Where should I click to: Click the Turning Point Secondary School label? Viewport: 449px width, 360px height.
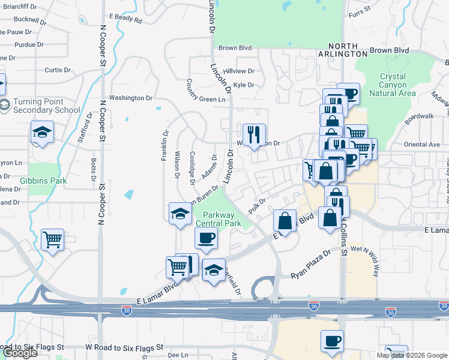tap(46, 106)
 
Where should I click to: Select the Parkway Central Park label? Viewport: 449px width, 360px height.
tap(221, 219)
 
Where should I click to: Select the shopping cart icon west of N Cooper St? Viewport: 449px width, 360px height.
tap(52, 239)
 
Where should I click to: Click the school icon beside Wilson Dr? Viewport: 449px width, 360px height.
tap(180, 214)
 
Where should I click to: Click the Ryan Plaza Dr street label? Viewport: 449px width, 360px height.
tap(311, 265)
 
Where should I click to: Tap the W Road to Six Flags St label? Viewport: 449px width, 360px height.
tap(124, 347)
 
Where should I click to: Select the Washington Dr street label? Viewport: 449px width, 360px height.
tap(130, 98)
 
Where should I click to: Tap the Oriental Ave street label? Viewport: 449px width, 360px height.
tap(422, 145)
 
